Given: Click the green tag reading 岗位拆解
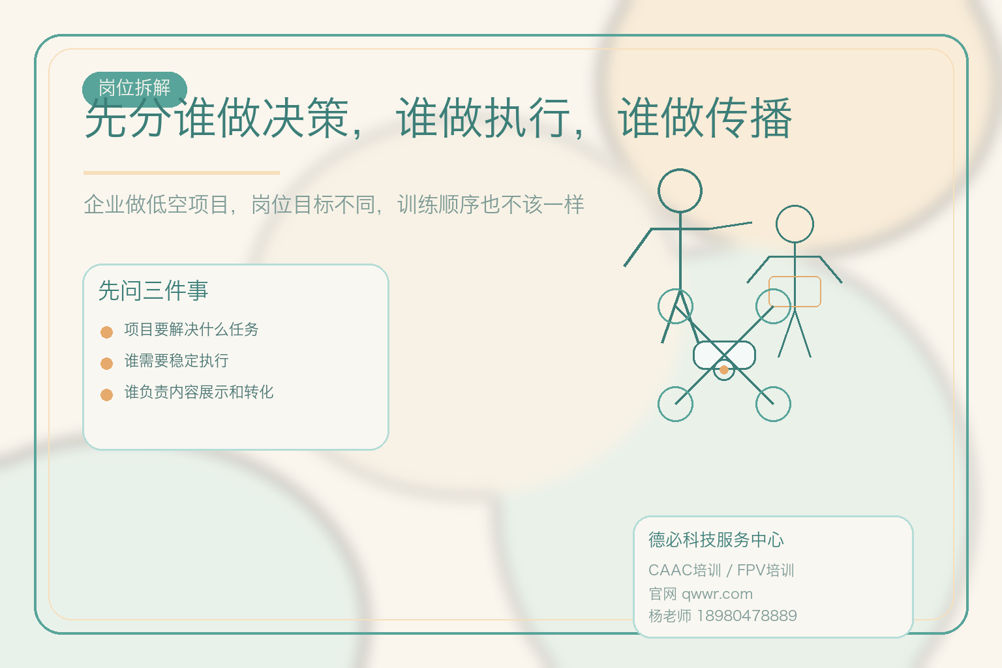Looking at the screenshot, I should pyautogui.click(x=134, y=88).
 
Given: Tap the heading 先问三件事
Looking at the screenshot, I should pyautogui.click(x=153, y=291).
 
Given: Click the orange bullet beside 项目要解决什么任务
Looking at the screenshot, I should pyautogui.click(x=107, y=332).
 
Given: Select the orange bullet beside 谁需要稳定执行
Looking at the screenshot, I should pyautogui.click(x=107, y=363).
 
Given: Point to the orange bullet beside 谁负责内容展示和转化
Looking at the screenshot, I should pyautogui.click(x=107, y=395).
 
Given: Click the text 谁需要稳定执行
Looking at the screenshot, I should pyautogui.click(x=176, y=361).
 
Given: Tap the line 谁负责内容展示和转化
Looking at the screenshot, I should pyautogui.click(x=199, y=392).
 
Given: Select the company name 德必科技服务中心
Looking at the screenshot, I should pyautogui.click(x=716, y=540).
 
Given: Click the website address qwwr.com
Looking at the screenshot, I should pyautogui.click(x=717, y=594).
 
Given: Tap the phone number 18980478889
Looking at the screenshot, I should pyautogui.click(x=747, y=616).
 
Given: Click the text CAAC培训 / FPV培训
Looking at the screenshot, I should pyautogui.click(x=721, y=571).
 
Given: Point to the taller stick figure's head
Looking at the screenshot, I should pyautogui.click(x=680, y=191).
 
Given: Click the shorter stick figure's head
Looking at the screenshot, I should pyautogui.click(x=795, y=224).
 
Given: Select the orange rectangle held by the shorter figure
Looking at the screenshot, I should pyautogui.click(x=795, y=292).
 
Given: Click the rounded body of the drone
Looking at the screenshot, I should pyautogui.click(x=724, y=355).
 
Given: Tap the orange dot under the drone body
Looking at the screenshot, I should pyautogui.click(x=724, y=370).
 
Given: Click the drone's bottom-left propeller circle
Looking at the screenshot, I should pyautogui.click(x=675, y=404).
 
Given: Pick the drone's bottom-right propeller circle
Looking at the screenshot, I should pyautogui.click(x=773, y=404).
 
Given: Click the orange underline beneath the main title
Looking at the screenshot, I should pyautogui.click(x=181, y=173).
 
